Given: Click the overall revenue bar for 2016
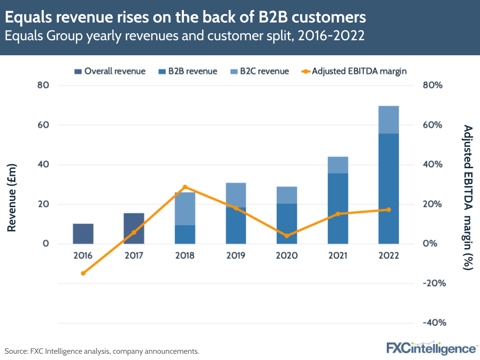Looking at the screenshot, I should coord(83,234).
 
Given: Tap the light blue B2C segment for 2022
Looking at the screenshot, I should coord(388,120).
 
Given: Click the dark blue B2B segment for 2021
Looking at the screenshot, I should coord(338,208).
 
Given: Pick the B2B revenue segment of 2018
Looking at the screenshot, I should coord(185,235).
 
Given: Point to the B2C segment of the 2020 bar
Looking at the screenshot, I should coord(287,195).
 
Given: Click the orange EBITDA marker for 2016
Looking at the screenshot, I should coord(83,273).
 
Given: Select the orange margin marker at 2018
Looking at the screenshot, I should coord(185,187).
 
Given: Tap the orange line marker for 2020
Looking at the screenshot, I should coord(287,236).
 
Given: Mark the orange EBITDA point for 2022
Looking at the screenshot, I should coord(388,210).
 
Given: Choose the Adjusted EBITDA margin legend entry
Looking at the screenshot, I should coord(355,71).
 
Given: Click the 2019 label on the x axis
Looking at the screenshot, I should coord(236,256).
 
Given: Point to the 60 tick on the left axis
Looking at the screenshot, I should coord(44,125).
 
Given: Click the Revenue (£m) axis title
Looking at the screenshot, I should coord(12,198).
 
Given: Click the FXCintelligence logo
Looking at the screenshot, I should coord(431,348).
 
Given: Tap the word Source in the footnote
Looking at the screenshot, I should coord(16,351).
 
